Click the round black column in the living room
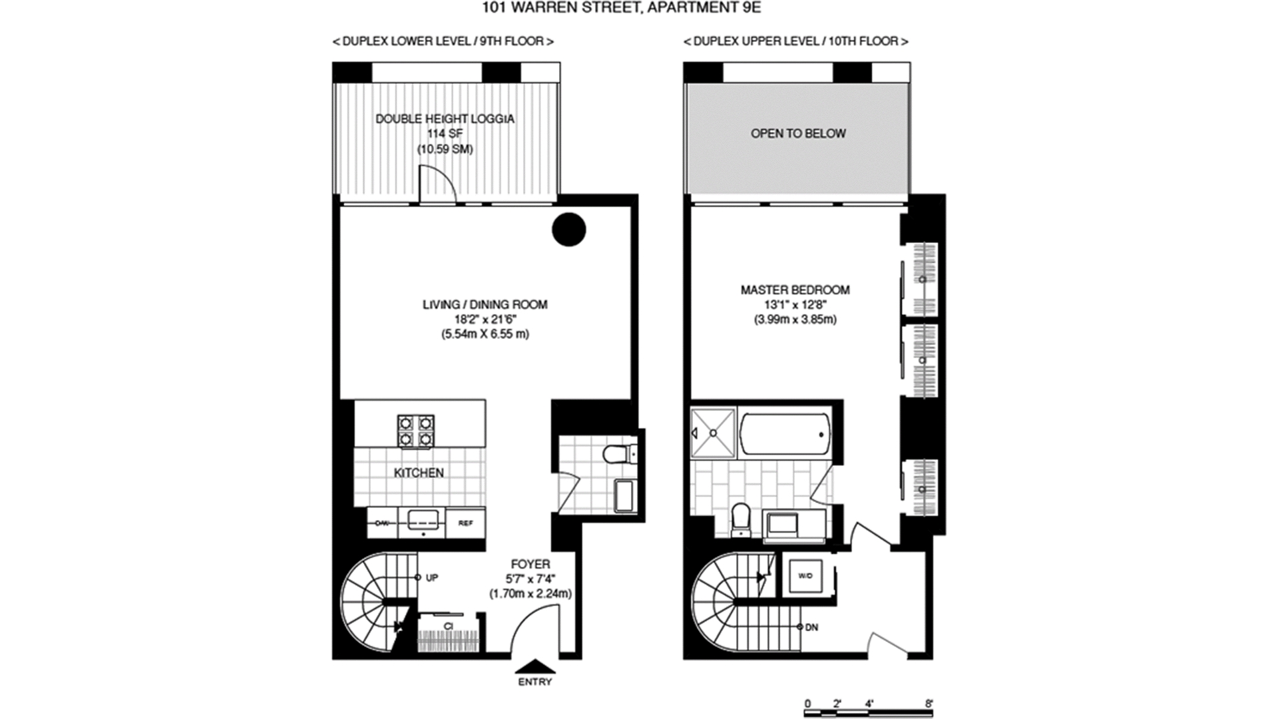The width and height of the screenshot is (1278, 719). click(x=568, y=229)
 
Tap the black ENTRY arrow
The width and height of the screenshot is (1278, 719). click(x=535, y=666)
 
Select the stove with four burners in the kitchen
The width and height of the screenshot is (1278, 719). click(x=416, y=431)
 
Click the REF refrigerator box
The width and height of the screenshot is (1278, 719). click(x=465, y=523)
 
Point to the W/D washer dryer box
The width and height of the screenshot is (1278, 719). click(x=804, y=575)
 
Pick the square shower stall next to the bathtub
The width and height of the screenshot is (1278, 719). click(x=713, y=433)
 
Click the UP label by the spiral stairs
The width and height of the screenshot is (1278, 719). click(x=431, y=578)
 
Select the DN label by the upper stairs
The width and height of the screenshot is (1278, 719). click(x=811, y=627)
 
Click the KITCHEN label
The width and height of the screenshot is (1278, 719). click(x=419, y=473)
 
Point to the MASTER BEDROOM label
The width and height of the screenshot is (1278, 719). click(x=795, y=290)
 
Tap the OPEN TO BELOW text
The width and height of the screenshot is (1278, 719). click(x=798, y=134)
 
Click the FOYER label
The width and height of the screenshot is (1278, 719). click(x=531, y=565)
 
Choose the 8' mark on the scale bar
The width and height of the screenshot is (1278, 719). click(x=929, y=704)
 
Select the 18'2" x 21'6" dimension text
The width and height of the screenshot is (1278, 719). click(x=485, y=320)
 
